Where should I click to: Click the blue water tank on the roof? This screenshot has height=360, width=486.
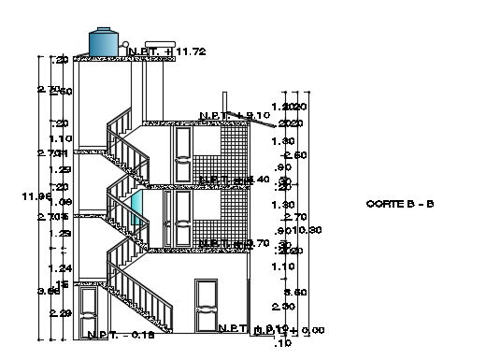[x=105, y=40]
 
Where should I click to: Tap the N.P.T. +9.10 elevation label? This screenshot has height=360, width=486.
[x=235, y=115]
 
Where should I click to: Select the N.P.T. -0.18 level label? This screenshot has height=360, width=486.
[x=121, y=334]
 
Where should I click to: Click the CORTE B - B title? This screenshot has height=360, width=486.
[x=400, y=203]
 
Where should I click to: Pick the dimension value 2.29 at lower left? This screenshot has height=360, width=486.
[x=60, y=313]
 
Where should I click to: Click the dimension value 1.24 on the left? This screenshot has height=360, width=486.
[x=60, y=268]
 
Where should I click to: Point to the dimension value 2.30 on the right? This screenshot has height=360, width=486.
[x=278, y=307]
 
